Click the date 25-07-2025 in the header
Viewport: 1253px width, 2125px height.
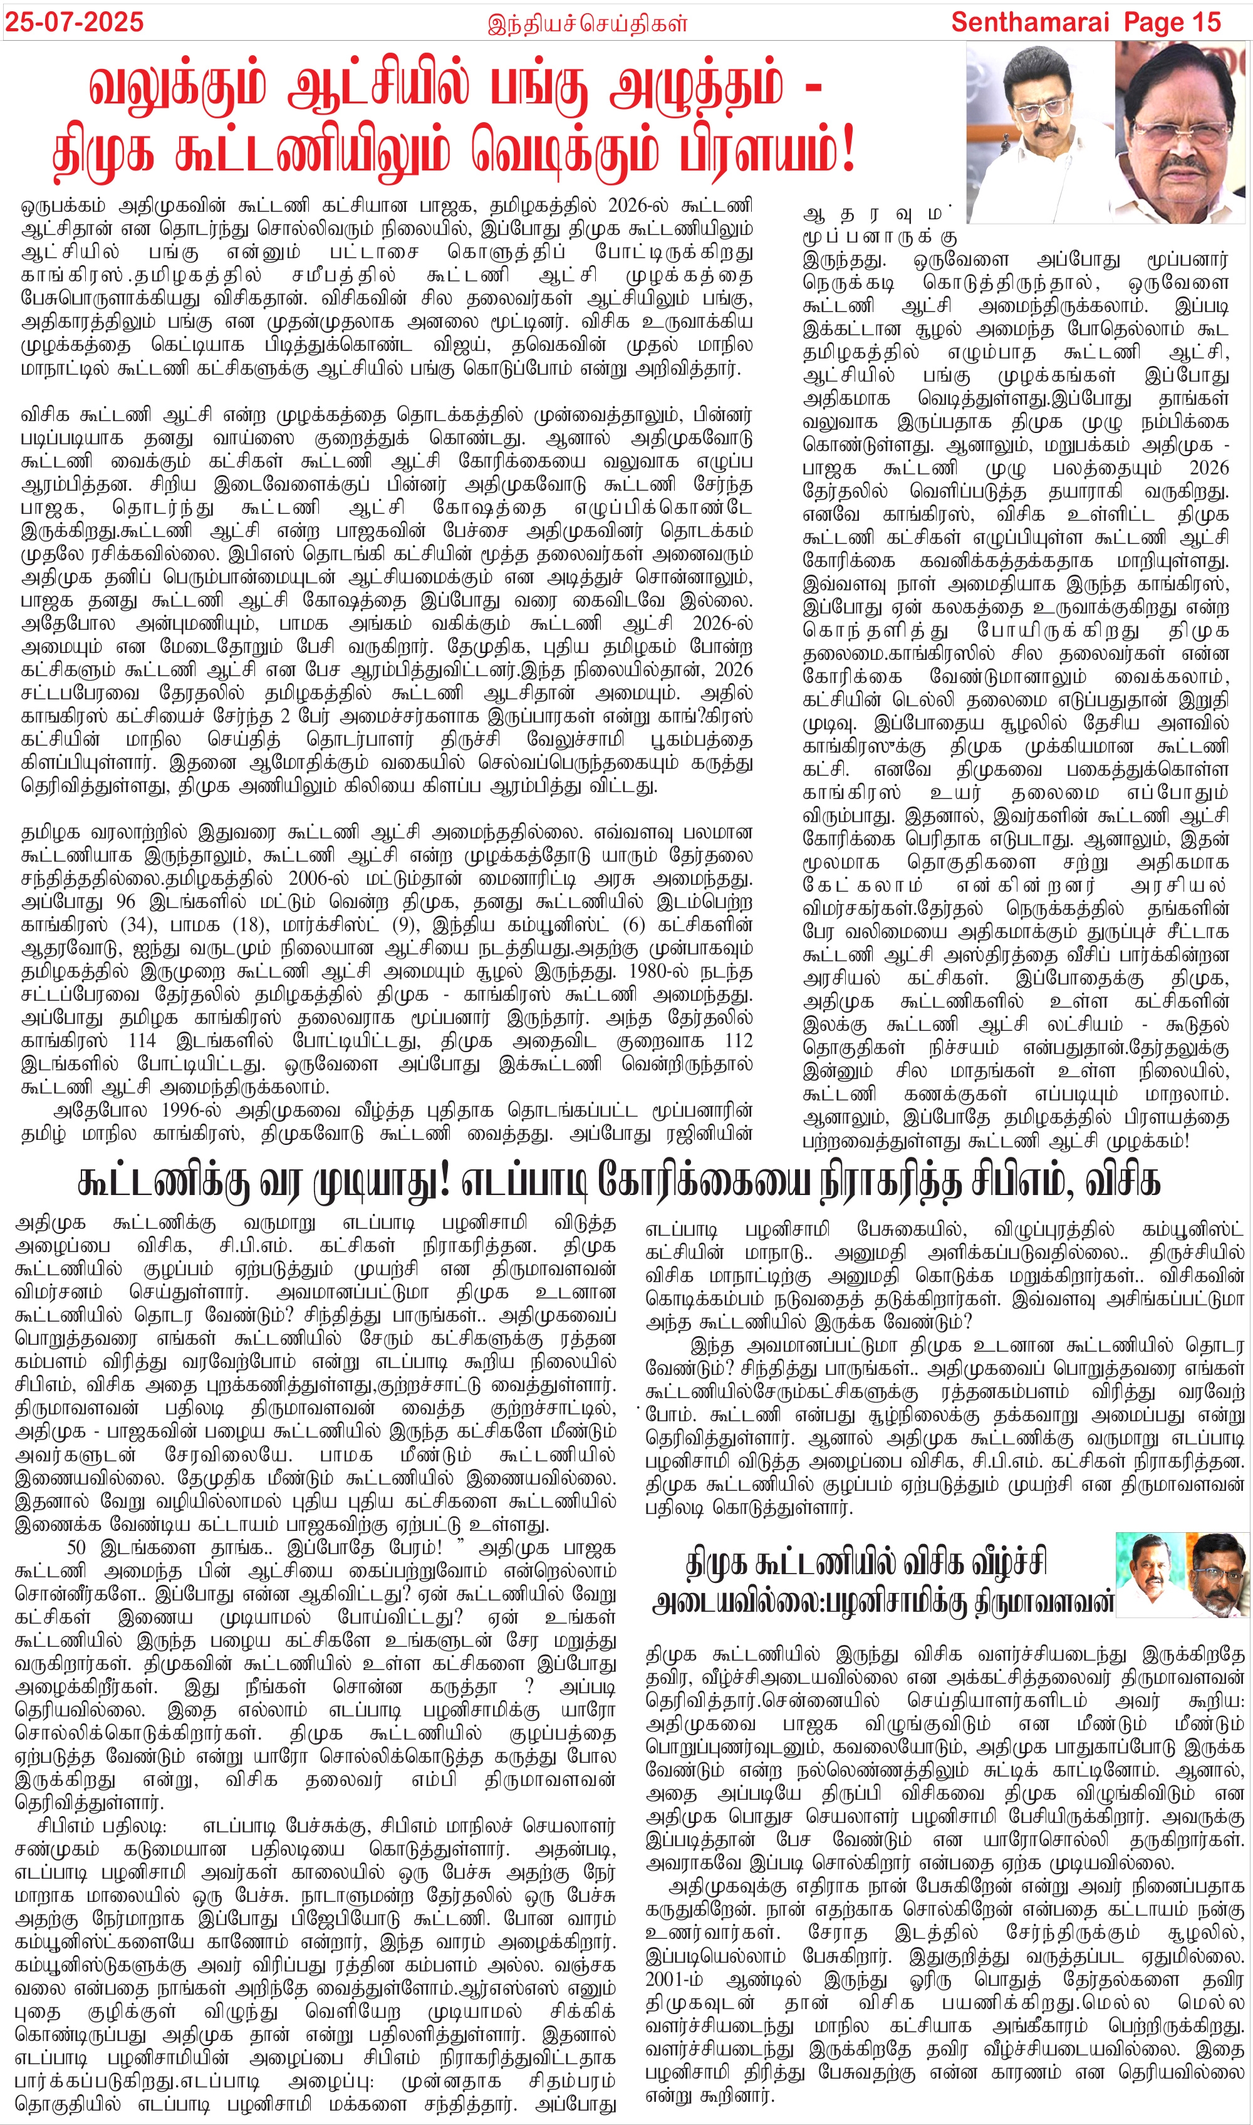[75, 22]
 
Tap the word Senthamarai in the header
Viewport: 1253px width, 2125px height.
[1029, 22]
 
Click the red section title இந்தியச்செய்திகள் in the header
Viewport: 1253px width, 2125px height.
[588, 23]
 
